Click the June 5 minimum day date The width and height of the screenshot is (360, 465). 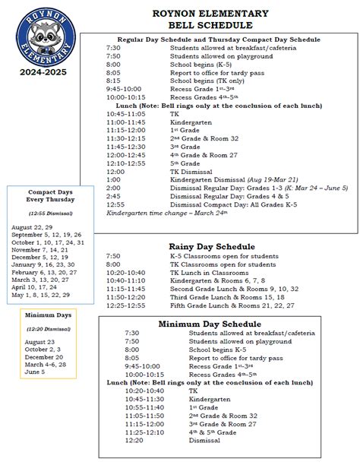coord(35,372)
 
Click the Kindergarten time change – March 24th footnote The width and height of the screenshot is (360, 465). coord(158,214)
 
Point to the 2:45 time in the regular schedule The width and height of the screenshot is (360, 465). coord(113,196)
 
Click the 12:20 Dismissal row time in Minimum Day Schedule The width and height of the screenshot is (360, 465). coord(134,439)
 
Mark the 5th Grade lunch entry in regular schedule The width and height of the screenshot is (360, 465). coord(185,163)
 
